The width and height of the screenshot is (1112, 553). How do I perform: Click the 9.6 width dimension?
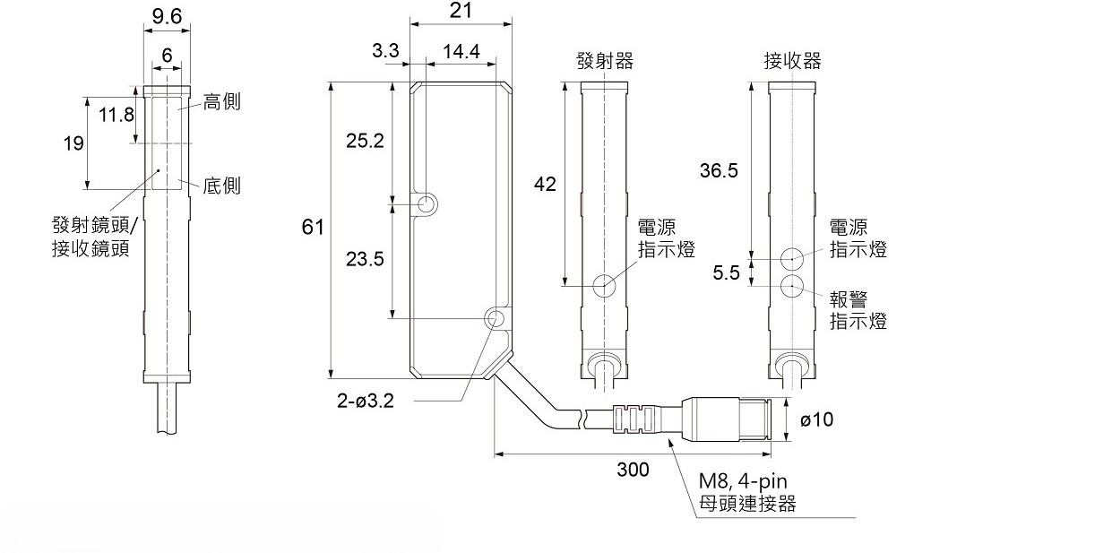[167, 16]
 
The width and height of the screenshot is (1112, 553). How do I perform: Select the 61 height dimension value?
[312, 227]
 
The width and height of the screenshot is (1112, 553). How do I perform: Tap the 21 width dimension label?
[461, 11]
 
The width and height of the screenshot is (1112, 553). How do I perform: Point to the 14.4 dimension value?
[461, 51]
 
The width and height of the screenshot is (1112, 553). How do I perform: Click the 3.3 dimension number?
[385, 50]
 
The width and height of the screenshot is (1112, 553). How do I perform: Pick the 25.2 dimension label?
[365, 141]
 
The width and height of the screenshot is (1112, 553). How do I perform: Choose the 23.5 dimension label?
[365, 259]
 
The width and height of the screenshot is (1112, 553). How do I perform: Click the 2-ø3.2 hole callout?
[365, 401]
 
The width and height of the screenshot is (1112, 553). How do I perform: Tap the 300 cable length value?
[633, 469]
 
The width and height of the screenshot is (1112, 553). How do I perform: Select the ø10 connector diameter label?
[816, 419]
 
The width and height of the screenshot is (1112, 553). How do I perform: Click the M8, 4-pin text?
[743, 480]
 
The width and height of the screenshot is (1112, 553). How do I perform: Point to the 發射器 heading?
[605, 61]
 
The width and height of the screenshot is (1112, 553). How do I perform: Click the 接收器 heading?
[792, 61]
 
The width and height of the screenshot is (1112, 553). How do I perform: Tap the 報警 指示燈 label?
[858, 310]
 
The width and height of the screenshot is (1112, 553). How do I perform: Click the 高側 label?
[221, 101]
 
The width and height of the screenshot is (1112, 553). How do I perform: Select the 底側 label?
[221, 186]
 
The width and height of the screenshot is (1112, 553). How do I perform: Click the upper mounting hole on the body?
[427, 204]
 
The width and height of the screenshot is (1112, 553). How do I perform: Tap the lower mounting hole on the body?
[494, 318]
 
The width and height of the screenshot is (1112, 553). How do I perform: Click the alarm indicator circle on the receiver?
[792, 286]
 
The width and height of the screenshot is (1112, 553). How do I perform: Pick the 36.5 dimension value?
[719, 171]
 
